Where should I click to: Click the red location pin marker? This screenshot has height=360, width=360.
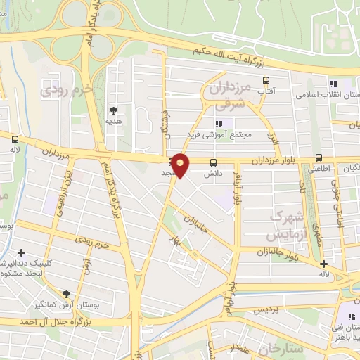(x=181, y=165)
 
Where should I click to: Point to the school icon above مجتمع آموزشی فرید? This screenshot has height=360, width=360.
(x=218, y=123)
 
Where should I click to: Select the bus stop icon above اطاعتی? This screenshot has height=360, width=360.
(x=320, y=157)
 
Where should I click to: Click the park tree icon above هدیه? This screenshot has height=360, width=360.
(x=113, y=110)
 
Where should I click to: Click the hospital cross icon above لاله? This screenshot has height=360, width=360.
(x=323, y=265)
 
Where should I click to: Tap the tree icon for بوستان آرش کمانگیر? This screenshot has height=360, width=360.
(x=67, y=294)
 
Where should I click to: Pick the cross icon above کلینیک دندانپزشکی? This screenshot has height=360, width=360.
(x=22, y=252)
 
